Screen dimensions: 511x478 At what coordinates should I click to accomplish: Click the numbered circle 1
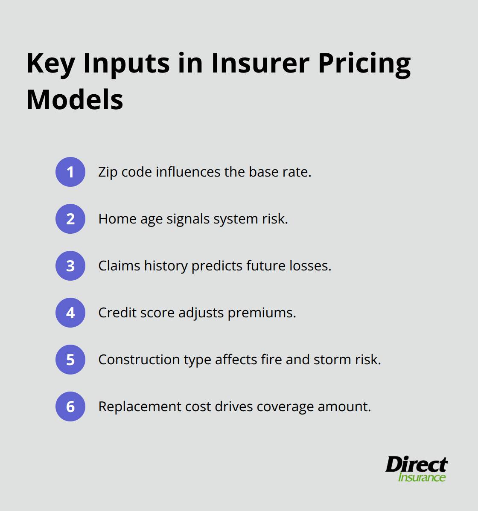tap(70, 172)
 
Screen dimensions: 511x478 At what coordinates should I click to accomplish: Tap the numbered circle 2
tap(70, 219)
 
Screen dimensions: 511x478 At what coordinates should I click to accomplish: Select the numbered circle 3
tap(70, 266)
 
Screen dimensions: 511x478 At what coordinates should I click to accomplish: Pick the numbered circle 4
tap(70, 313)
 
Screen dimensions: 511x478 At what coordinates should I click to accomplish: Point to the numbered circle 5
tap(70, 360)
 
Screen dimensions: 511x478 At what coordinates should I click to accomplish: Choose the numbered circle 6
tap(70, 406)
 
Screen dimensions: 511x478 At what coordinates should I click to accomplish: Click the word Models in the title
tap(75, 100)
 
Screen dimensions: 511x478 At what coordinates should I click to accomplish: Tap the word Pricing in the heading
tap(364, 64)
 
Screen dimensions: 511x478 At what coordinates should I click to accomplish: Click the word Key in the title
tap(51, 64)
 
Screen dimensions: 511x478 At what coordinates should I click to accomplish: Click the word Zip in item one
tap(108, 172)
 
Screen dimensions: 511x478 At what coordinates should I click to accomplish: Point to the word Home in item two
tap(115, 219)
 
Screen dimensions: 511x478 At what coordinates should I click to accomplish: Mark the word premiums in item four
tap(262, 313)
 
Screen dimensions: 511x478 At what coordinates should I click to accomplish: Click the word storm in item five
tap(332, 360)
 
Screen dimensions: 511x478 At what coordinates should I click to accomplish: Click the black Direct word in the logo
tap(416, 464)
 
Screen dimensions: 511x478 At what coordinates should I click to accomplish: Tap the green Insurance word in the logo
tap(422, 477)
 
